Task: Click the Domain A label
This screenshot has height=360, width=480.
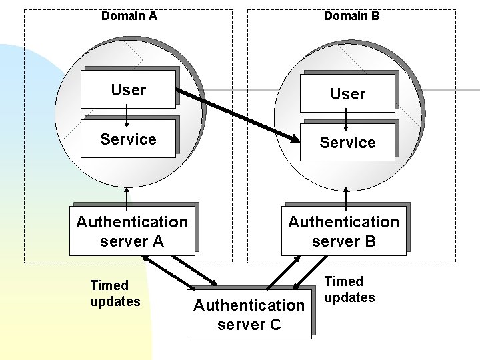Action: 129,15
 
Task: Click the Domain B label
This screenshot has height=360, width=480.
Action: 351,15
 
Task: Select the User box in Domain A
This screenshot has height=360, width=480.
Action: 128,89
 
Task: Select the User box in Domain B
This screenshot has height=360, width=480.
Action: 347,93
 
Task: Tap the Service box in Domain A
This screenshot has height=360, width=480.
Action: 128,139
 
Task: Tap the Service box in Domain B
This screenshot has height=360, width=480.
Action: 347,143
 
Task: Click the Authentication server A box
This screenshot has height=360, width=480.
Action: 132,231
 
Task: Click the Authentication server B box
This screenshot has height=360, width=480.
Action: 343,231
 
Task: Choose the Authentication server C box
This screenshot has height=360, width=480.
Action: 249,315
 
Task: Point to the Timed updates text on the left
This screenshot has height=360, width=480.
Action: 115,293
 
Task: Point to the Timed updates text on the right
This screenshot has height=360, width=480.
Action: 349,289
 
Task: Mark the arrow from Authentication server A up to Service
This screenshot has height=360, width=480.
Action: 127,195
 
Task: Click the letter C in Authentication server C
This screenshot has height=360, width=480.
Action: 275,325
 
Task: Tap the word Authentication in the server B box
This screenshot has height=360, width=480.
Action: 343,221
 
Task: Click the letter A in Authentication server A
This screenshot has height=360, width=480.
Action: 158,241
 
